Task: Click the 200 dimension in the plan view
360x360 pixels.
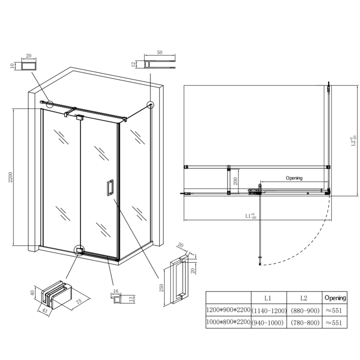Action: click(x=234, y=181)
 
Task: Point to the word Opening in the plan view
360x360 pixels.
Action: click(x=294, y=178)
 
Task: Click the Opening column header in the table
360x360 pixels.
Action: click(x=335, y=298)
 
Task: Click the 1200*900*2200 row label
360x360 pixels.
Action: click(x=228, y=310)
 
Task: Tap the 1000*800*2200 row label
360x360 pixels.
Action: click(x=228, y=323)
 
